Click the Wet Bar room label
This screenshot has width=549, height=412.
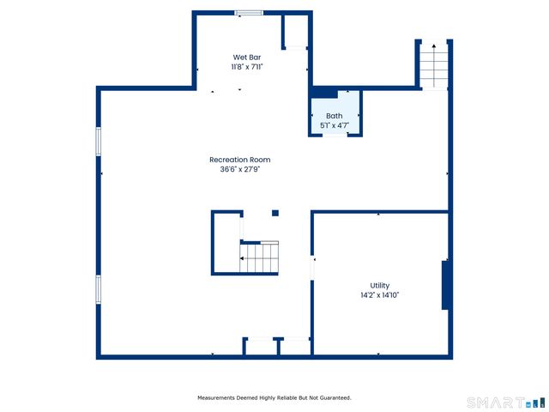tap(248, 57)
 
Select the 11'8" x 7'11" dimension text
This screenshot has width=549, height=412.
tap(248, 66)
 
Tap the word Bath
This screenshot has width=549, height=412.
tap(334, 116)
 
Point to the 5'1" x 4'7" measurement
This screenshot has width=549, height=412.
tap(334, 125)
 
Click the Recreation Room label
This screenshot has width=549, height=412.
tap(245, 160)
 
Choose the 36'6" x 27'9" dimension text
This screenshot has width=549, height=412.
tap(245, 169)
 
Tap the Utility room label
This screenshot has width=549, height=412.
tap(380, 286)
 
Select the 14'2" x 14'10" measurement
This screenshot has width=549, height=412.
tap(380, 295)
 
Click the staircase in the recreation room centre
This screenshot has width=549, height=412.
tap(259, 257)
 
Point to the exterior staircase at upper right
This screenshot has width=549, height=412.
tap(433, 66)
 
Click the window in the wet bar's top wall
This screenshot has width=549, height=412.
tap(249, 12)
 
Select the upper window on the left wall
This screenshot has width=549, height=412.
tap(99, 141)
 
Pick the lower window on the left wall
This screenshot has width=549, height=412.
tap(99, 289)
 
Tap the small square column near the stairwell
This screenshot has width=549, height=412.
tap(274, 213)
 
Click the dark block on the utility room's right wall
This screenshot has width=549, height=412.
tap(445, 285)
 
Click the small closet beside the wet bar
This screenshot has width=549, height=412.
tap(295, 32)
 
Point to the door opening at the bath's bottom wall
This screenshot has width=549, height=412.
tap(335, 135)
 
